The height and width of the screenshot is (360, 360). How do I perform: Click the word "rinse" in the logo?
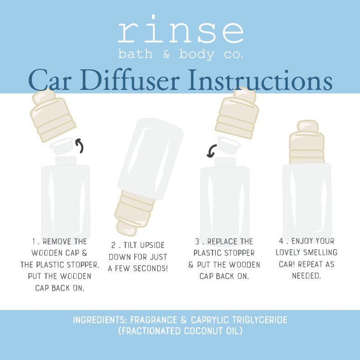[180, 32]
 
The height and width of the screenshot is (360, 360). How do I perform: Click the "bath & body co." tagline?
[180, 54]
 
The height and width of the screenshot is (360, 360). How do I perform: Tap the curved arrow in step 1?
[79, 146]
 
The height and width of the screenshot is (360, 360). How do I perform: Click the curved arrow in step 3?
[211, 151]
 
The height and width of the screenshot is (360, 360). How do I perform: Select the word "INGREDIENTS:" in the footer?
[100, 320]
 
